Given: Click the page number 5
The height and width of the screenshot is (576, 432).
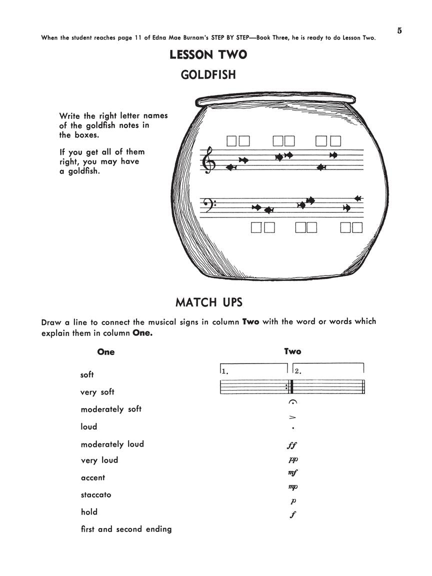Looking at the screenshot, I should pos(399,30).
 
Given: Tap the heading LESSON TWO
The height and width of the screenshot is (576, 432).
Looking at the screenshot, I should pos(208,54).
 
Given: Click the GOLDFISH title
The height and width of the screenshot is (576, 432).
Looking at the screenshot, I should pos(208,75).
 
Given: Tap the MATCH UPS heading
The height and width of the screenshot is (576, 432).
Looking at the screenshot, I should pos(208,302).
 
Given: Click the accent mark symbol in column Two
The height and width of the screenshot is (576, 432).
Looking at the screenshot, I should pos(293,417).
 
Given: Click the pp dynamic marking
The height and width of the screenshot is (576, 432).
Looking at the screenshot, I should pos(293,459).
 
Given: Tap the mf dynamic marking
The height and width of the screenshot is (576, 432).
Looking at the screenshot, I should pos(293,472).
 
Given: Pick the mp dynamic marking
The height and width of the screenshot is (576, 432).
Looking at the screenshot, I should pos(293,486).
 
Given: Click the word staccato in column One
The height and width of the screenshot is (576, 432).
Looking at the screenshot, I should pos(96,495).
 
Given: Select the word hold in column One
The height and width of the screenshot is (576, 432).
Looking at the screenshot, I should pos(89,512).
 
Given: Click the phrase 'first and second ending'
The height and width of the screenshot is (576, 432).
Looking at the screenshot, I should pos(126,529).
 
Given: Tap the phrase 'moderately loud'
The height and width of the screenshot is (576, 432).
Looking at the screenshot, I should pos(112,444).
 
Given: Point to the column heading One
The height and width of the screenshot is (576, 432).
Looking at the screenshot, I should pos(106,352).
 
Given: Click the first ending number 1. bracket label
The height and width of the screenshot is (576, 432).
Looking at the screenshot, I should pos(225,371).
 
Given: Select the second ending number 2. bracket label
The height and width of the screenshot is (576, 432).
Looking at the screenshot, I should pos(297,371).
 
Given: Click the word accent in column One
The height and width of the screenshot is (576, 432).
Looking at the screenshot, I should pos(93,478).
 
